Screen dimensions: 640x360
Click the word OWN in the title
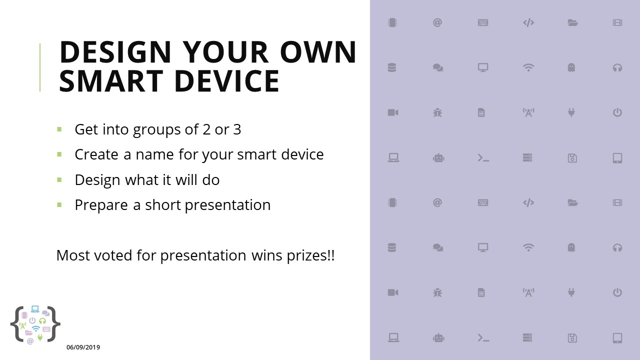318,52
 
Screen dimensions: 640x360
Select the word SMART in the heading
111,81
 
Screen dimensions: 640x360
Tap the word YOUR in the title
225,52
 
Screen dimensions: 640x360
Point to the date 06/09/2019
83,347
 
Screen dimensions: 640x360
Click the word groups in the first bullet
157,130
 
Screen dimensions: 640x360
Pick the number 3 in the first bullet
237,129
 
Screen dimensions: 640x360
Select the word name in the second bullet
154,155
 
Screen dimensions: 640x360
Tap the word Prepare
101,205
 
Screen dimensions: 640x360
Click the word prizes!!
310,255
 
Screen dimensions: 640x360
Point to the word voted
113,255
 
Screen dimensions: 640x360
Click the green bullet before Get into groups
59,129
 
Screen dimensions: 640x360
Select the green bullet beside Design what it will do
59,179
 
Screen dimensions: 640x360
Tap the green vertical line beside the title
40,67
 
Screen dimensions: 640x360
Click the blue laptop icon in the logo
35,309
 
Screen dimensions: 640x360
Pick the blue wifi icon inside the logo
35,328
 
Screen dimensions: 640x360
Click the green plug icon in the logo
40,338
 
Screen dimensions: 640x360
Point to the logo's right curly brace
53,324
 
